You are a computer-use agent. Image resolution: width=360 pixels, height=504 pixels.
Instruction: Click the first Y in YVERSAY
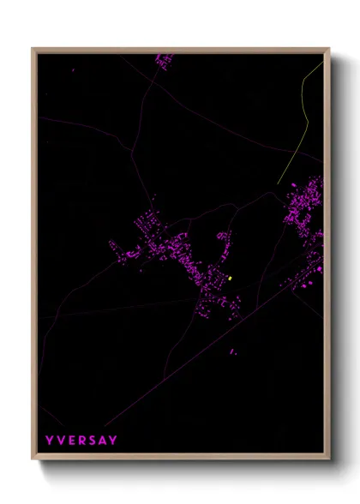pos(50,441)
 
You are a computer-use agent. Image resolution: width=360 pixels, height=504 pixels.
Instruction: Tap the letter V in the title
pos(61,441)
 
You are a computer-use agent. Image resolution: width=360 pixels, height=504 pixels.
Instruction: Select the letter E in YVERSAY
pos(72,441)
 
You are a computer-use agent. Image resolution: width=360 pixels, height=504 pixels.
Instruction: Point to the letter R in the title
pos(82,441)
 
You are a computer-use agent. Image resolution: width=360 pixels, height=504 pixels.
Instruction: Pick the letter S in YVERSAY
pos(93,441)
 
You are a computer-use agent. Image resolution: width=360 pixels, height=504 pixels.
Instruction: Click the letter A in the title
pos(103,441)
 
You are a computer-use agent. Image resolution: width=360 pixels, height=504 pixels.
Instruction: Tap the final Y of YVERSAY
pos(114,441)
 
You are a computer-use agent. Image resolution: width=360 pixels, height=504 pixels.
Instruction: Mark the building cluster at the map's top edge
pos(163,59)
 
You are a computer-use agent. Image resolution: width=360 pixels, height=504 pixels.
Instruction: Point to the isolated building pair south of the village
pos(232,351)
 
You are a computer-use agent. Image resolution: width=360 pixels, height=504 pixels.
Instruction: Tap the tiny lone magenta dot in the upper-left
pos(74,70)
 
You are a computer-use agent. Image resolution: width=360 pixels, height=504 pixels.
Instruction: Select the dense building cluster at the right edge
pos(305,206)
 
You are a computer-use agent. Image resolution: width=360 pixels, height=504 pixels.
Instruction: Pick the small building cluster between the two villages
pos(223,235)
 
